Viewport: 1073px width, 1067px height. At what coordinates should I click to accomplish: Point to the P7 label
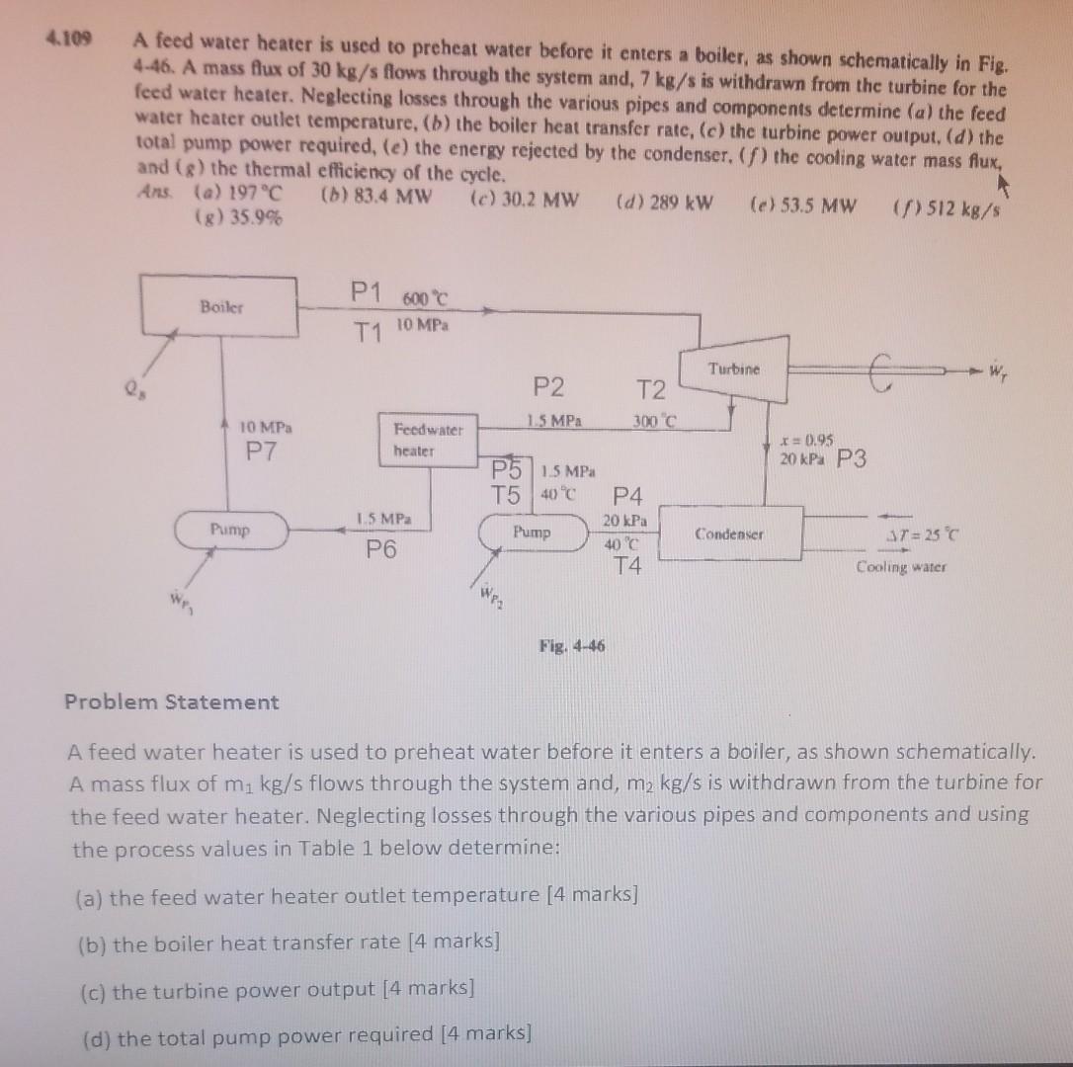[x=264, y=451]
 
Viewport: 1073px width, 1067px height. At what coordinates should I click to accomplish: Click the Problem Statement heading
[x=171, y=702]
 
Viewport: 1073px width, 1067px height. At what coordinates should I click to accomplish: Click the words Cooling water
[x=900, y=567]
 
